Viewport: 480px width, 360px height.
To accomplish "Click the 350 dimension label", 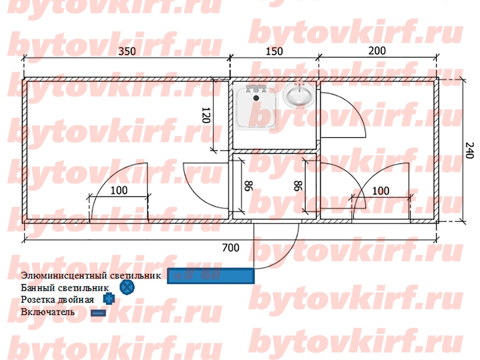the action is tap(127, 51).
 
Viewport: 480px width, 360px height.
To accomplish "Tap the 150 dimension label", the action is tap(274, 51).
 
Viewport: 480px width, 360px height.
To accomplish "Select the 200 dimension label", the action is tap(377, 51).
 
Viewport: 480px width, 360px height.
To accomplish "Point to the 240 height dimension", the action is tap(469, 150).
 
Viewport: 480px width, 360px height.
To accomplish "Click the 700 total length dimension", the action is tap(230, 247).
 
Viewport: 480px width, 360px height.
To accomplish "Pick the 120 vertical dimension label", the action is tap(206, 115).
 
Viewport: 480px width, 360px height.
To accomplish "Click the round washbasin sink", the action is tap(299, 94).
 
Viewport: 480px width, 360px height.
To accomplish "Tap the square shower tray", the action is tap(257, 106).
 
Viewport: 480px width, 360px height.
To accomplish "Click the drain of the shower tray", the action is tap(256, 98).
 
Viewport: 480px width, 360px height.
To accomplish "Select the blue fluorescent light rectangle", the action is tap(211, 276).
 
